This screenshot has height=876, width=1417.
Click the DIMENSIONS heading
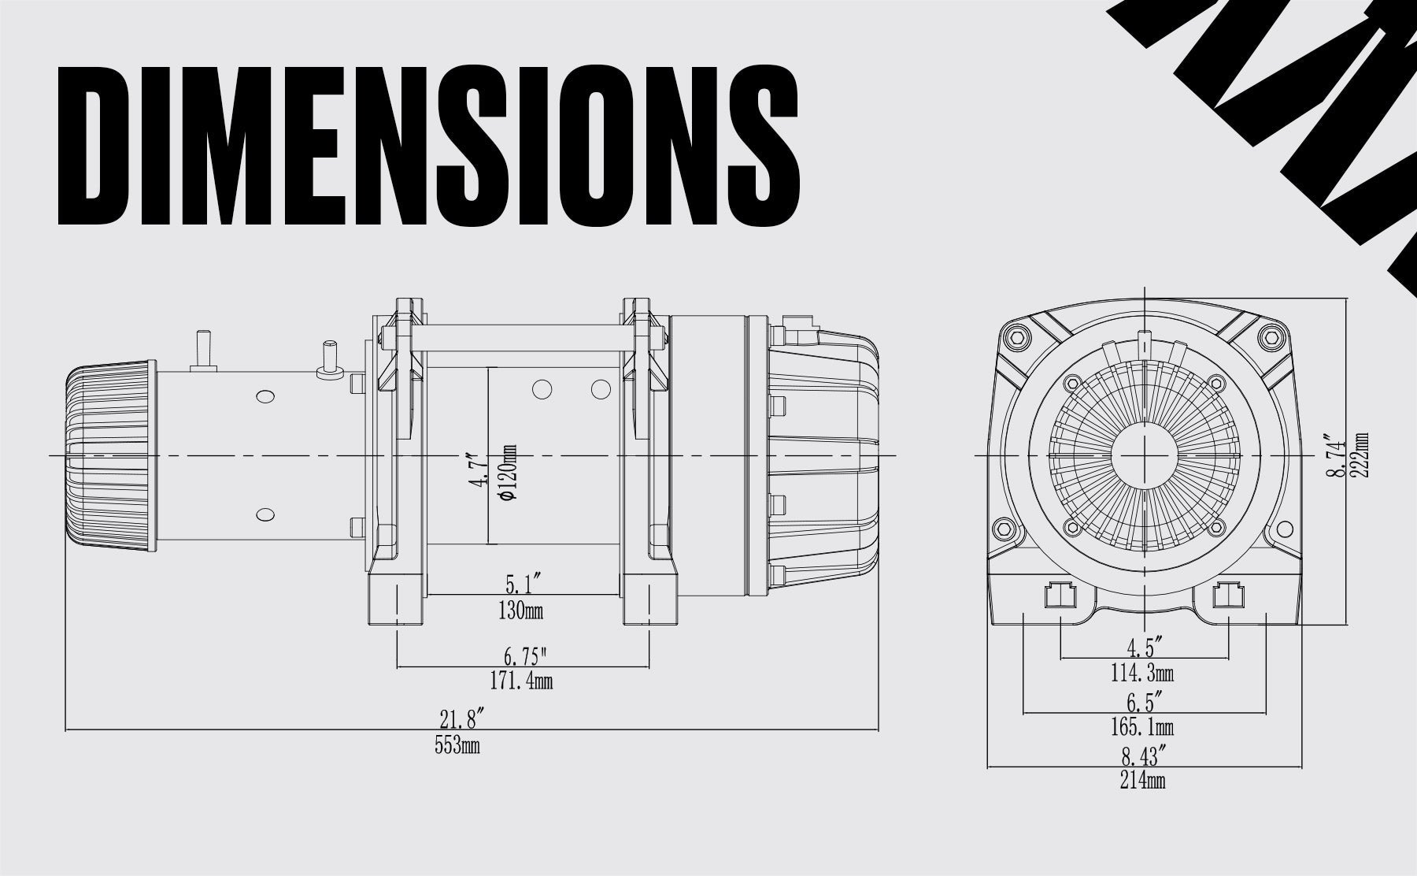429,146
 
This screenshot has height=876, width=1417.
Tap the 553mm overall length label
457,745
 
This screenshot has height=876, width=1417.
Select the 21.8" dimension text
461,718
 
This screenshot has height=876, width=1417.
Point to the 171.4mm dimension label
521,681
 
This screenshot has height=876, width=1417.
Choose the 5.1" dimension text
523,585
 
